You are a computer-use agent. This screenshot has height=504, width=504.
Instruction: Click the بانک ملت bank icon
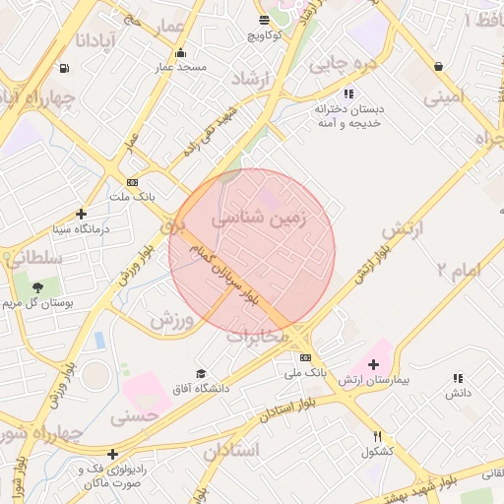[132, 182]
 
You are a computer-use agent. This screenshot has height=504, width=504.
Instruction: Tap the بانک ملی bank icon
[305, 357]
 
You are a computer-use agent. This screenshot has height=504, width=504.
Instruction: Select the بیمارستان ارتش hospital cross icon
[373, 364]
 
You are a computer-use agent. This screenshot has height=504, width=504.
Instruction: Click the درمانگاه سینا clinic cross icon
[81, 214]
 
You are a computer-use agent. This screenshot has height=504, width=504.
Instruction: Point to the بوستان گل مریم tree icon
[37, 287]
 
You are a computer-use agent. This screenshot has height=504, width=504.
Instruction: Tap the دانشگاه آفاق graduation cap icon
[201, 374]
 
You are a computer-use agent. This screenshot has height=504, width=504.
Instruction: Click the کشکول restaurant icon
[377, 436]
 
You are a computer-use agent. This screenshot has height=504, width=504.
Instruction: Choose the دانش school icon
[457, 378]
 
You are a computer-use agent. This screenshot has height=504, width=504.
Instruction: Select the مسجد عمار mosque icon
[179, 53]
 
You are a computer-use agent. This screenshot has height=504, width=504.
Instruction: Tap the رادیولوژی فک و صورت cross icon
[113, 455]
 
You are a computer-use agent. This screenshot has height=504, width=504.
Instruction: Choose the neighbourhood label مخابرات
[257, 336]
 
